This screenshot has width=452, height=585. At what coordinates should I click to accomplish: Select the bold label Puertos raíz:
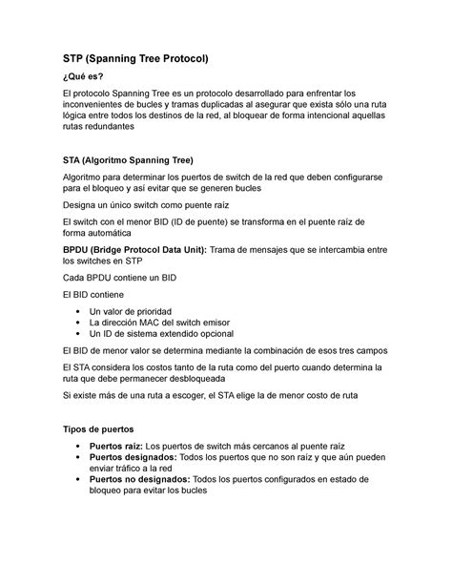(x=114, y=446)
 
